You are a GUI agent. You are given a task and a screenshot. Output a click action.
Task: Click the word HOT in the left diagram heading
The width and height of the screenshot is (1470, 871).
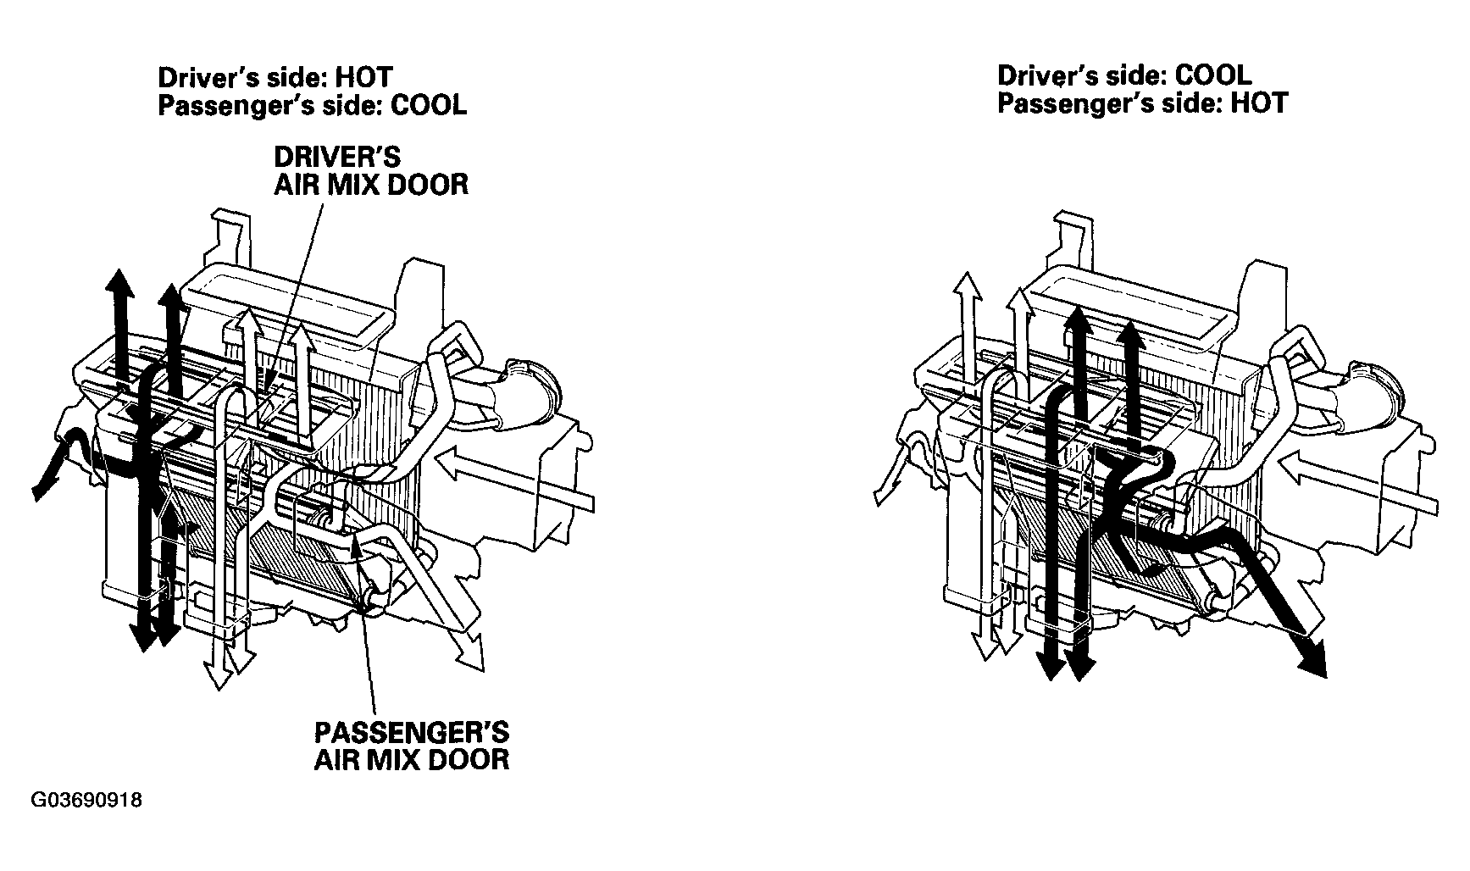point(364,77)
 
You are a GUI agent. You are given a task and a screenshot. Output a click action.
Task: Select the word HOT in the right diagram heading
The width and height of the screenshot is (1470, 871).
point(1259,103)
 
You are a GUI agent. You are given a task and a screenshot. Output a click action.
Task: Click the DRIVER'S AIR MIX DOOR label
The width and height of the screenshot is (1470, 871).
point(371,170)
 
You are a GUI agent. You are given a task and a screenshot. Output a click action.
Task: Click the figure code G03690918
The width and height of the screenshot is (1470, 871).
point(88,801)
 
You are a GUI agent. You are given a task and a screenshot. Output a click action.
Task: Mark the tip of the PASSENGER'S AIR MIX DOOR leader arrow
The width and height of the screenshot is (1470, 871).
point(360,541)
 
